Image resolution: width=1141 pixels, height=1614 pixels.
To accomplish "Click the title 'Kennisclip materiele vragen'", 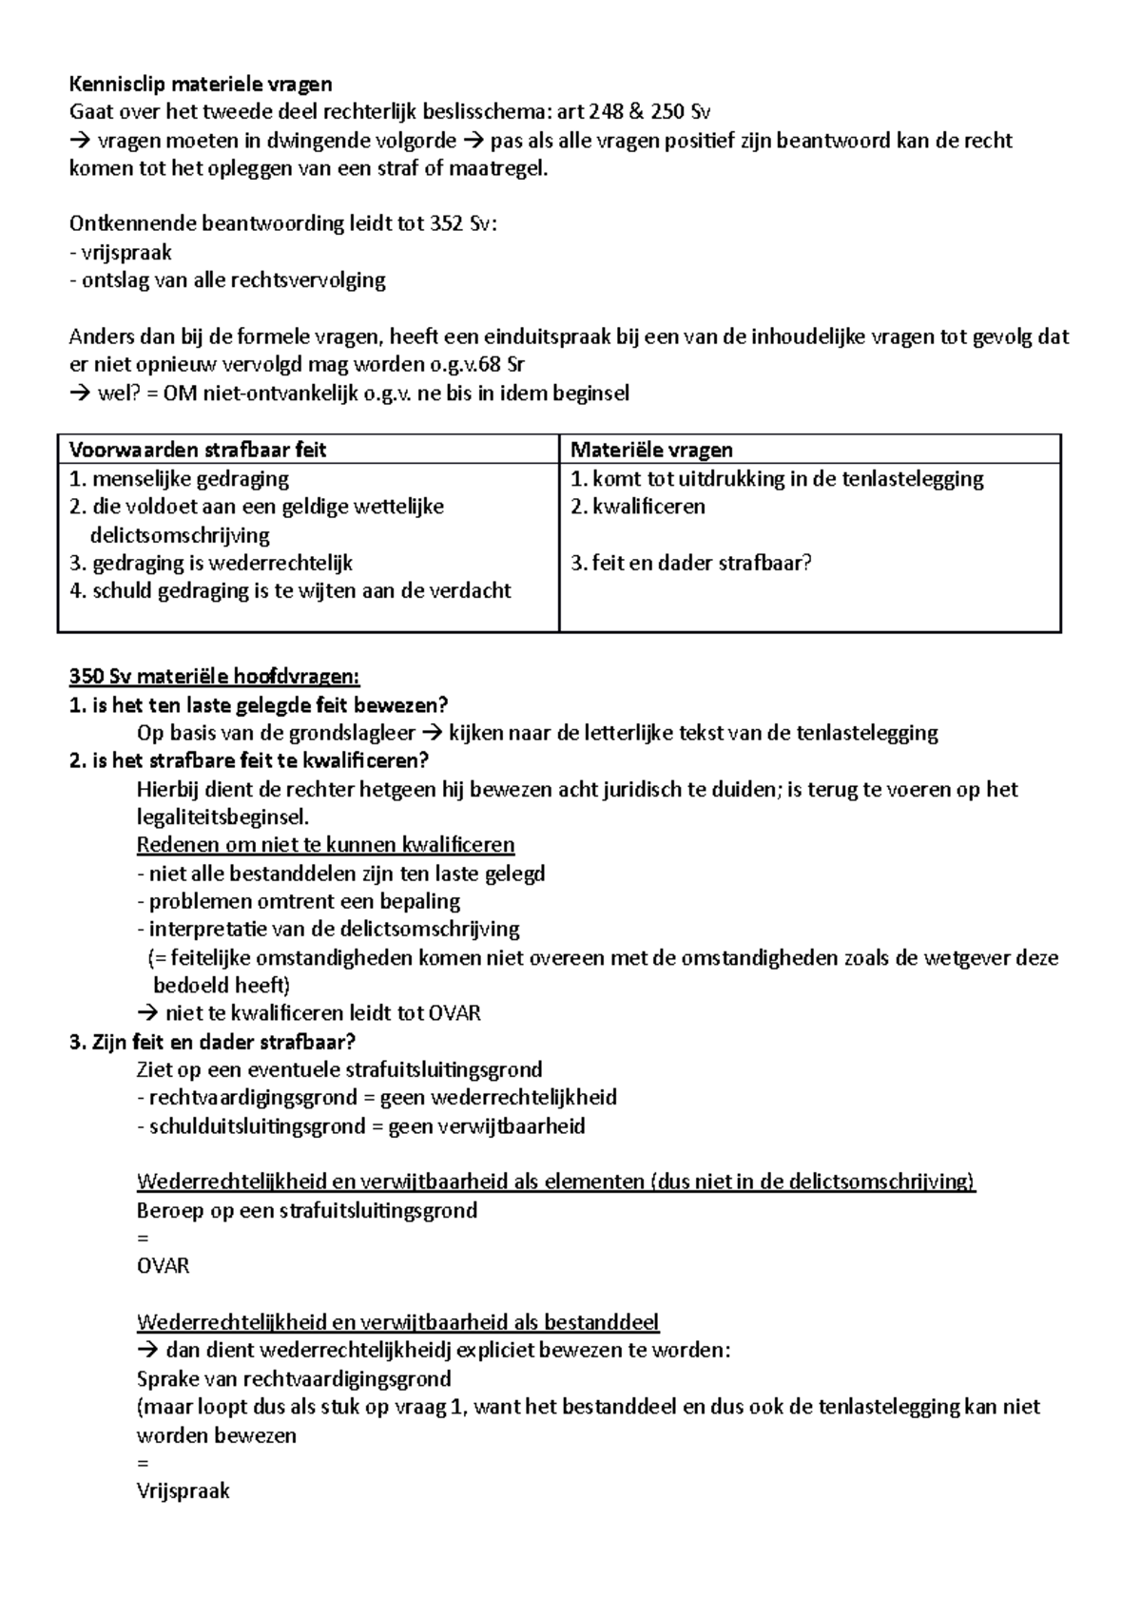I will tap(201, 85).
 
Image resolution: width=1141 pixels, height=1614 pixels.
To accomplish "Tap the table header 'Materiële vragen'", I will tap(651, 450).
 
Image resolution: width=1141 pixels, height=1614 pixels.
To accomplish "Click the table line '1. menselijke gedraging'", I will tap(180, 478).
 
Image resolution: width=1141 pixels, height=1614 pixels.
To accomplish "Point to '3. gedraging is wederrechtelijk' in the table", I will tap(211, 563).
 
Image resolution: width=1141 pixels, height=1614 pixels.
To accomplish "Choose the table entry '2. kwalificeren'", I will tap(638, 506).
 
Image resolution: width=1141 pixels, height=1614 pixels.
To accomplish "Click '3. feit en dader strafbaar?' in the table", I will tap(691, 563).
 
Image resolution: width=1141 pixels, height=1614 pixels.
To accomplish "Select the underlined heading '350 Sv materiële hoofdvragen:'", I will tap(215, 677).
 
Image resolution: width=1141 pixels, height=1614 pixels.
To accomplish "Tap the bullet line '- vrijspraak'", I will tap(121, 253).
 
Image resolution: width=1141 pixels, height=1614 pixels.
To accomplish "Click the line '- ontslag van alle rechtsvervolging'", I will tap(228, 280).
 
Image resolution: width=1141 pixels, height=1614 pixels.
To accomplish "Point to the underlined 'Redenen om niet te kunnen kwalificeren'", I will tap(325, 845).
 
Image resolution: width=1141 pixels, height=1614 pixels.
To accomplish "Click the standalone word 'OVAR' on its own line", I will tap(164, 1266).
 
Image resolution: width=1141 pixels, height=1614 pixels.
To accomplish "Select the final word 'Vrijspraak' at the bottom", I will tap(184, 1490).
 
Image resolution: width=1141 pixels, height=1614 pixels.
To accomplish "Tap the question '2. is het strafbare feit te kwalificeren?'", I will tap(249, 760).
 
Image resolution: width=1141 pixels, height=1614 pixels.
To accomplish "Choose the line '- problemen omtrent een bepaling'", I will tap(299, 901).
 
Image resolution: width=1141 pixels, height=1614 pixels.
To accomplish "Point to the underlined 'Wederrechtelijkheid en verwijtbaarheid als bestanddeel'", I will tap(397, 1322).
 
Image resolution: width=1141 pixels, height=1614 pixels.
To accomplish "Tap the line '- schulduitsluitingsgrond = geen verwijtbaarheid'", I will tap(361, 1126).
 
